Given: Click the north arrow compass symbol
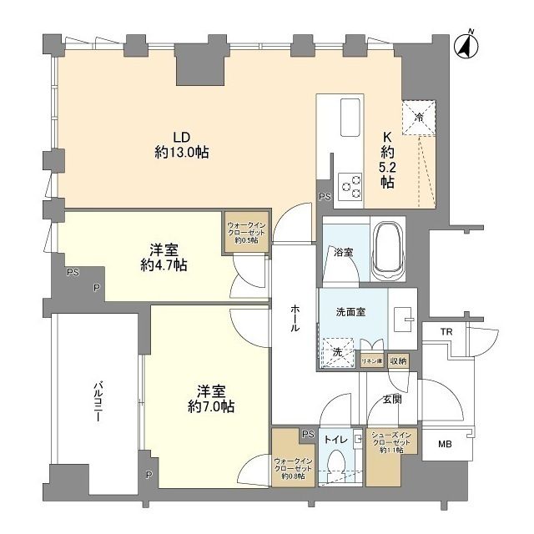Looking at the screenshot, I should [466, 45].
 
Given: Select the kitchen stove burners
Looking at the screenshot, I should [350, 185].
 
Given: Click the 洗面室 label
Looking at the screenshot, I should [350, 313].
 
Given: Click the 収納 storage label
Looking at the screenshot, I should [398, 361].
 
